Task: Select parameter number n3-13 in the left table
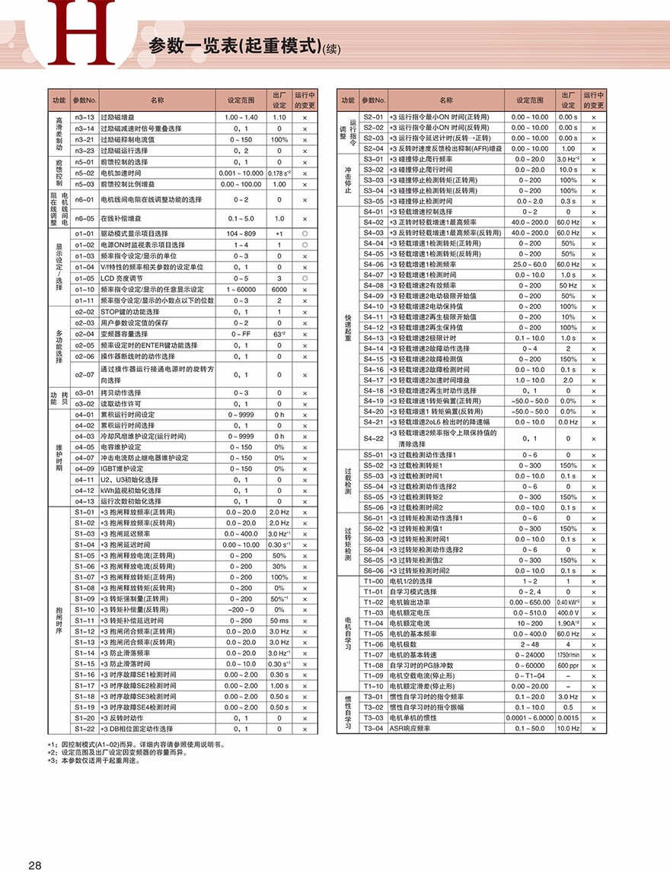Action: [85, 118]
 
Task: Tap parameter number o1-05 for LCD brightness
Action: [85, 278]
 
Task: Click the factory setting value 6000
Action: [279, 289]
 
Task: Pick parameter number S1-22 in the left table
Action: [85, 729]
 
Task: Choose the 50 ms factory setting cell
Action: [279, 621]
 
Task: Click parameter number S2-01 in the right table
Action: [374, 117]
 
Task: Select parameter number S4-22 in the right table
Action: [374, 438]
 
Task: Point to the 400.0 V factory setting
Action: [568, 612]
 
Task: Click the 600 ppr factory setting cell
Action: [568, 666]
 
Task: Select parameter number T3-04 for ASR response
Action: [374, 728]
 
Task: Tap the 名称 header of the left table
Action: [157, 100]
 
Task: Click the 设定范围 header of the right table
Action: [530, 100]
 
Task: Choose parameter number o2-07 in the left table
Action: [85, 374]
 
